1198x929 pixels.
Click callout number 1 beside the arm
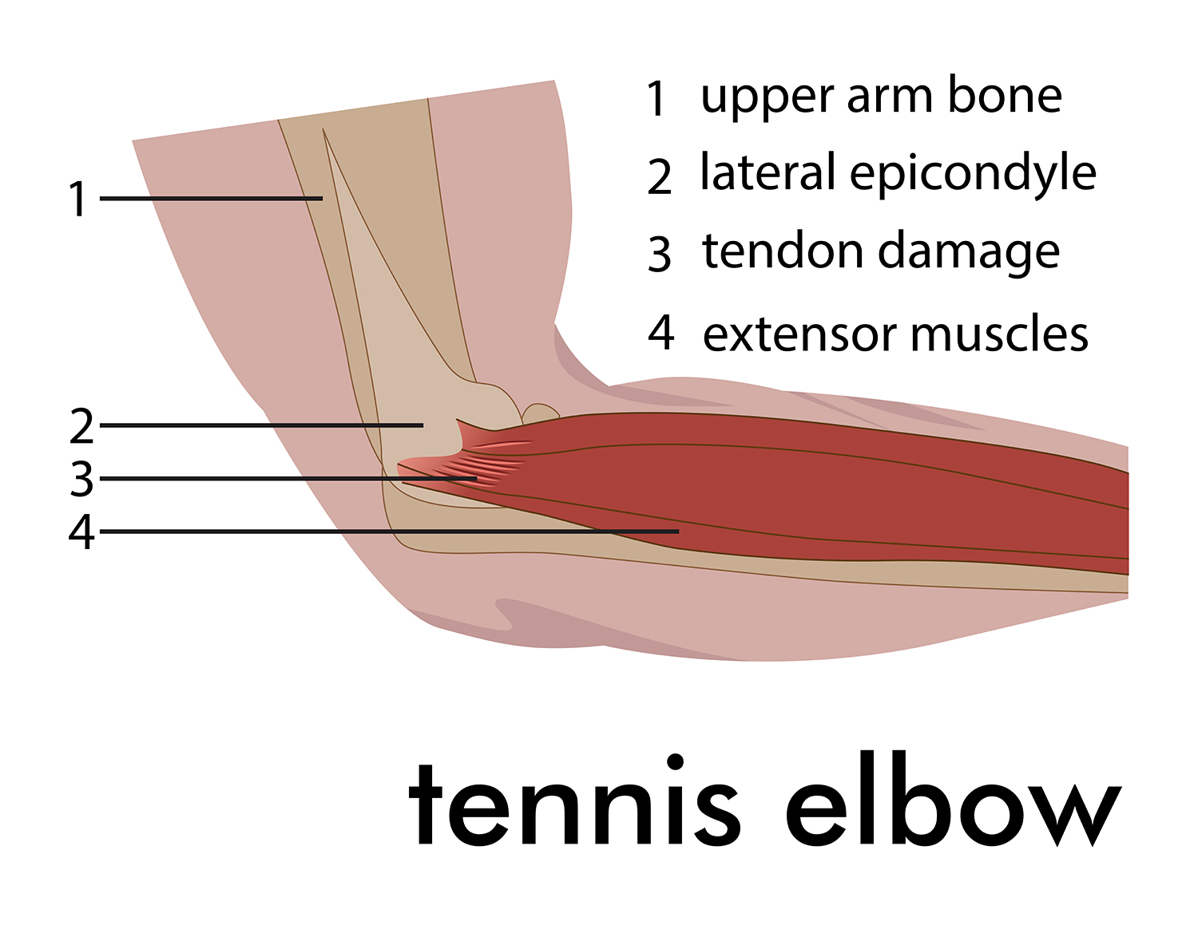[78, 199]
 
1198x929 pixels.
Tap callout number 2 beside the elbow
[81, 425]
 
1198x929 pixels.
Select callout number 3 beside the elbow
[81, 479]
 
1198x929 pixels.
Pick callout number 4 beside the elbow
[81, 532]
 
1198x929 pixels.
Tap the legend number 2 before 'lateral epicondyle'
[660, 176]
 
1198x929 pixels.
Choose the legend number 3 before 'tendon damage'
[660, 254]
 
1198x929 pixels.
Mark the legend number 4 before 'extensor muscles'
[660, 332]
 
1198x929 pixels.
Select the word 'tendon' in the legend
[783, 251]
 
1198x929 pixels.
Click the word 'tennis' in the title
[574, 804]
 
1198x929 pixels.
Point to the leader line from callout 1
[211, 198]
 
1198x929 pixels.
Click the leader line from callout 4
[389, 532]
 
